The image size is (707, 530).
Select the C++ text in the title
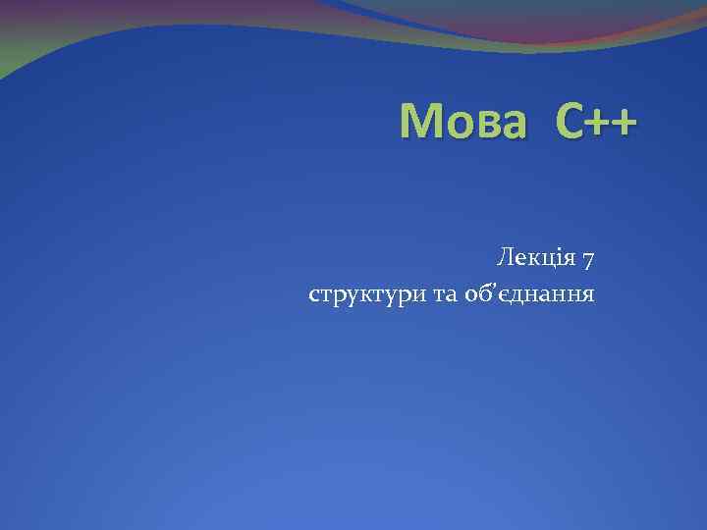(x=595, y=124)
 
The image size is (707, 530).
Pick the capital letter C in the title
(x=570, y=124)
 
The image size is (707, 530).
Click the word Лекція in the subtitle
(x=535, y=259)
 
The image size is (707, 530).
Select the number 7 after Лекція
(x=587, y=260)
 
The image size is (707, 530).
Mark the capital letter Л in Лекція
(x=505, y=259)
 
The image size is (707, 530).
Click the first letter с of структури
(x=314, y=294)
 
